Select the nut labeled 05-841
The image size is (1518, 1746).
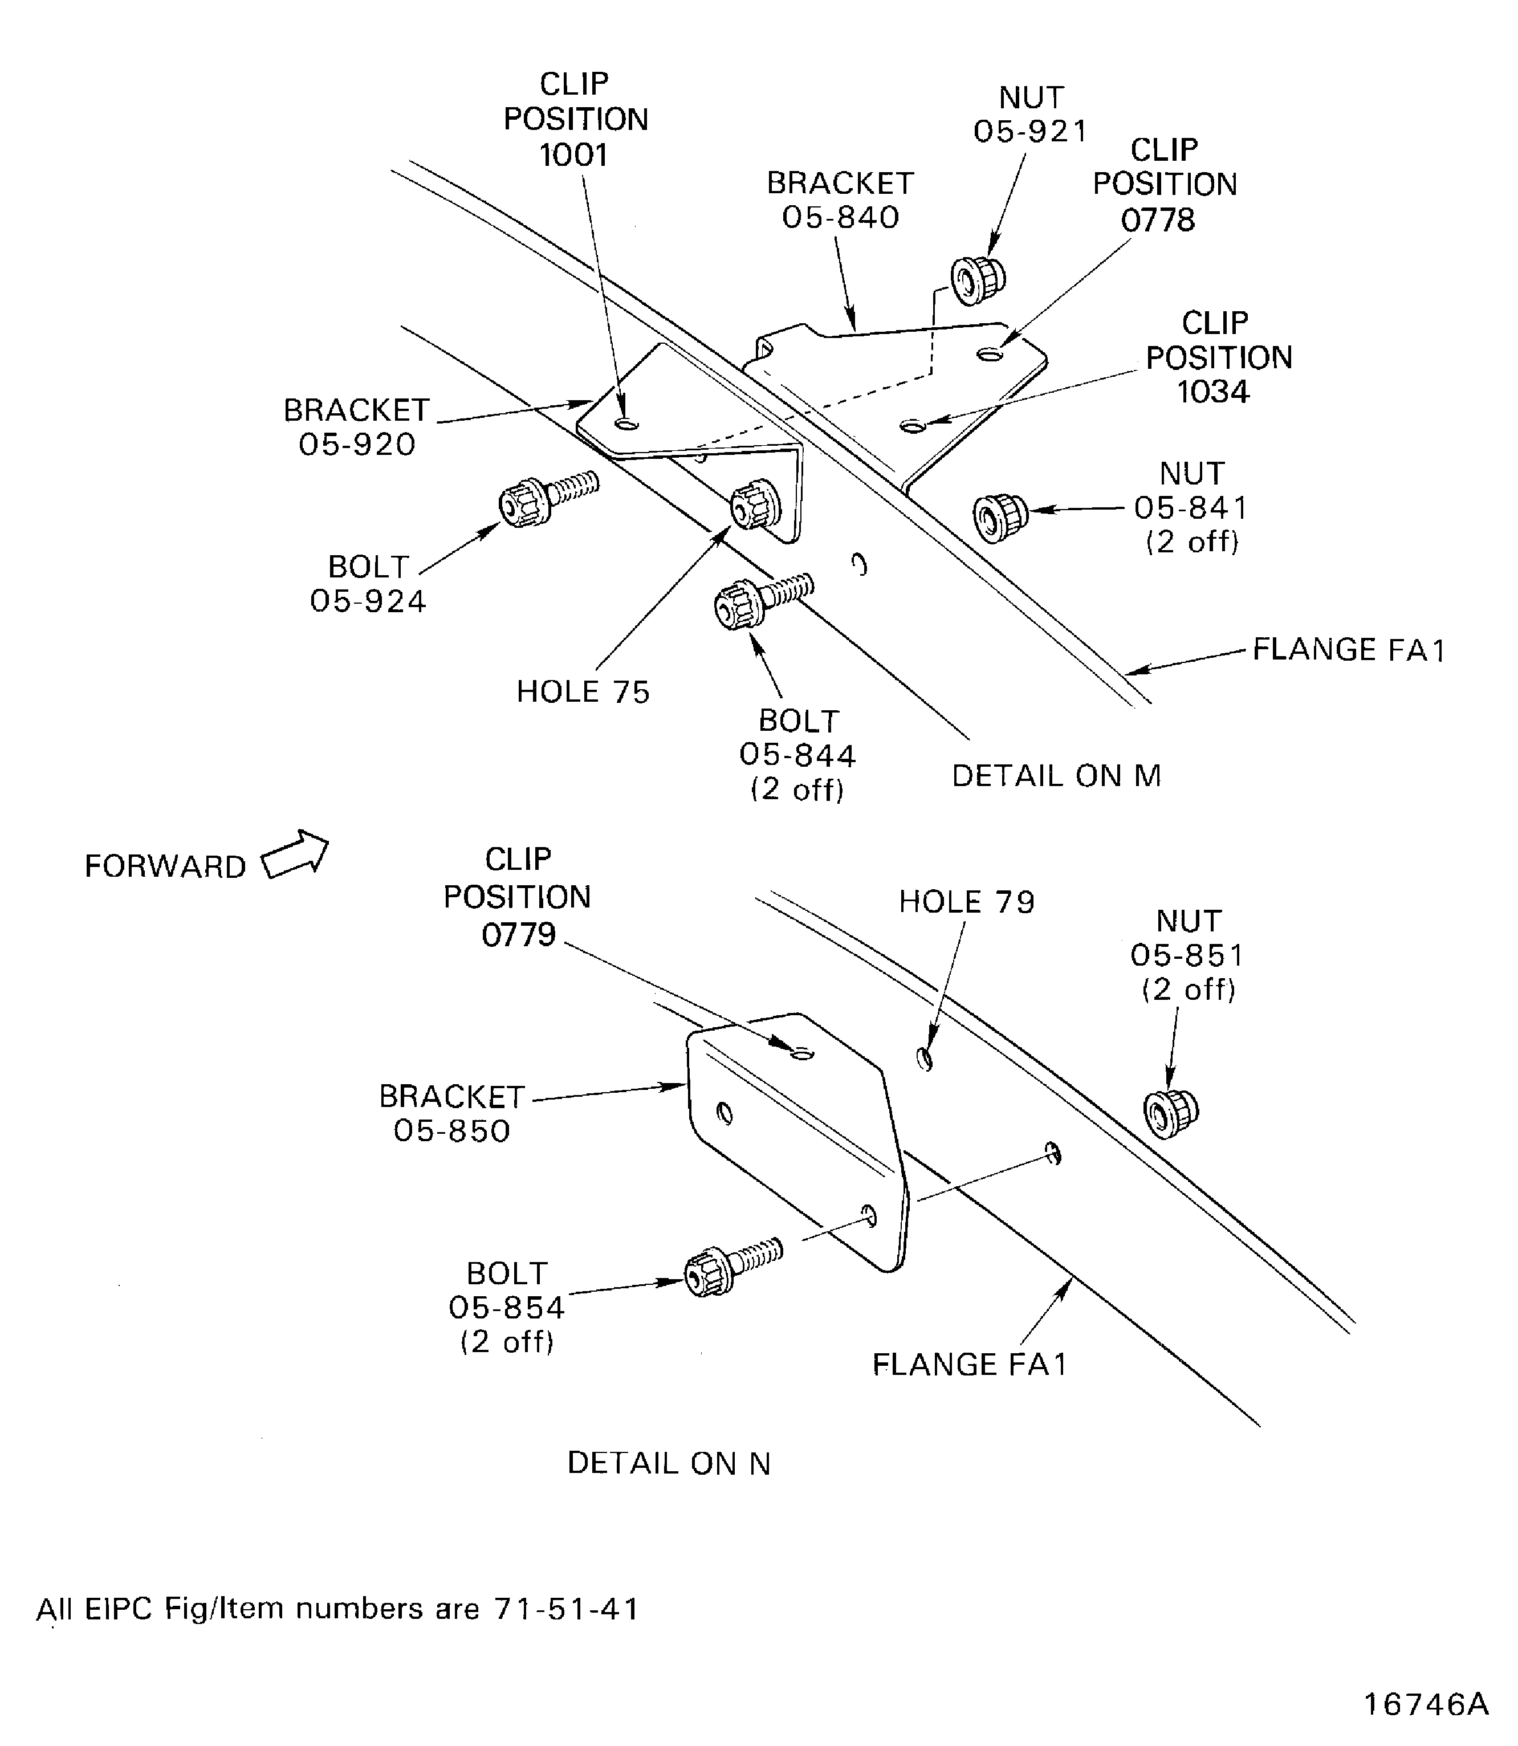point(1000,517)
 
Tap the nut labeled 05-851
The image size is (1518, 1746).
point(1171,1113)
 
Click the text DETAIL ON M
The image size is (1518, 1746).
point(1056,775)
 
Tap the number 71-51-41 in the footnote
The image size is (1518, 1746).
point(565,1608)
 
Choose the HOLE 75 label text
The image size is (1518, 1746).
point(583,692)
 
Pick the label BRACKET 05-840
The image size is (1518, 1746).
point(840,200)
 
